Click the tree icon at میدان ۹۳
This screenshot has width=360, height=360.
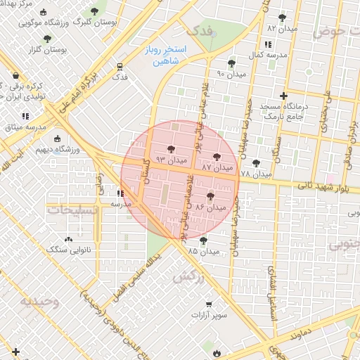(x=171, y=149)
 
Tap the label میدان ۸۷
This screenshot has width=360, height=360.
(x=217, y=168)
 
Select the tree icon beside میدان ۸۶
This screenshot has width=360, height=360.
(x=211, y=197)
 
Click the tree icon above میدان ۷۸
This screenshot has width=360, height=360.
(x=256, y=163)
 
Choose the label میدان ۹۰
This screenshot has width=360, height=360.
(x=231, y=73)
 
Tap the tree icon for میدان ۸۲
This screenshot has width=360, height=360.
(x=282, y=18)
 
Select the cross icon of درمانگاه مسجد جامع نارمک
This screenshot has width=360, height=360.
(x=283, y=96)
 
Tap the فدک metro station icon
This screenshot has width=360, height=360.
(x=120, y=67)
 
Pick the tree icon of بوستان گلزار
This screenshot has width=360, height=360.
(x=47, y=39)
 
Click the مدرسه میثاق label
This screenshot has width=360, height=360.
(x=26, y=127)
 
